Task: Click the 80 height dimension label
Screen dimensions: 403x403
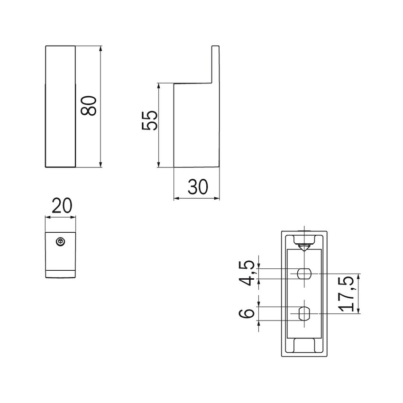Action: coord(88,105)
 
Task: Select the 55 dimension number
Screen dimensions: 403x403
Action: coord(149,120)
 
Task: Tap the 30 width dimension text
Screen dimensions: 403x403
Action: coord(198,187)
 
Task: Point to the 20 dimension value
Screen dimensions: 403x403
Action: coord(62,206)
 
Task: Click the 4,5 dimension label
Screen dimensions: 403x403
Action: coord(247,273)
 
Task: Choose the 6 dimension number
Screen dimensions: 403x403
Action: coord(247,313)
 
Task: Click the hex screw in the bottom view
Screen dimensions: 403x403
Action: coord(60,242)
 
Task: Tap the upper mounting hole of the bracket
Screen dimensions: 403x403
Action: coord(304,274)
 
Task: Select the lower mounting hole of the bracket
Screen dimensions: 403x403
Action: coord(304,313)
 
